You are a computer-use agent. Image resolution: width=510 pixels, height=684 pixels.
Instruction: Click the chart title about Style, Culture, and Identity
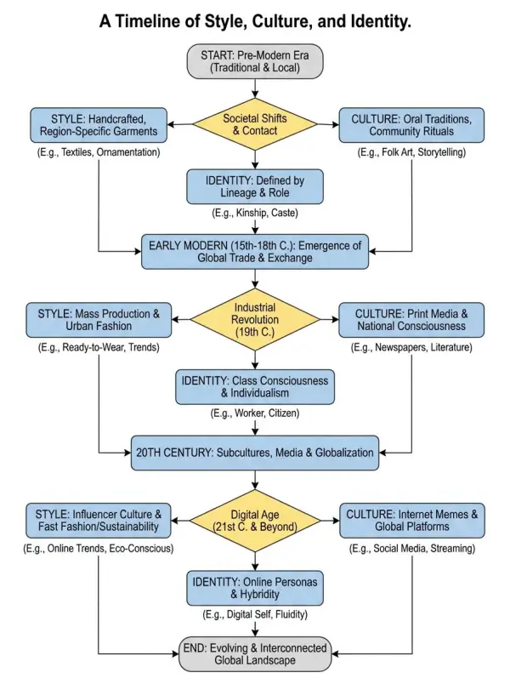[255, 21]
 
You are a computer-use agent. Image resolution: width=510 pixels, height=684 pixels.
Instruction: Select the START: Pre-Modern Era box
[255, 61]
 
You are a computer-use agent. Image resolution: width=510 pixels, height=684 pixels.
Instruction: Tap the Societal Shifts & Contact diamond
[255, 125]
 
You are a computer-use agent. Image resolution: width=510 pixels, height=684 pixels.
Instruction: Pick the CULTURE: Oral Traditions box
[412, 125]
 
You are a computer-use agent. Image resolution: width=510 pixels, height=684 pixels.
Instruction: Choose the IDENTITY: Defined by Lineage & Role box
[255, 185]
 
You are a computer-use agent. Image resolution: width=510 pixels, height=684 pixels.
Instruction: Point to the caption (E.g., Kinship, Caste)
[255, 214]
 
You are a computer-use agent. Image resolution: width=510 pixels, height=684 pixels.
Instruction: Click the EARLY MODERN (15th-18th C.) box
[255, 253]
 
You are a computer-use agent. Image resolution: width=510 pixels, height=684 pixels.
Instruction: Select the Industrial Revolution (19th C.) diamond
[255, 321]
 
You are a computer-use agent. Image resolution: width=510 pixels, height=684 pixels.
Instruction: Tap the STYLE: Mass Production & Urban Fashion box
[99, 321]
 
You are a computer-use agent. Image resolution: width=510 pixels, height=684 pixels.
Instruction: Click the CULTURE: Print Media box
[412, 321]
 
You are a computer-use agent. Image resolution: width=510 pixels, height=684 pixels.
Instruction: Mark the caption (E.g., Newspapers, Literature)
[412, 349]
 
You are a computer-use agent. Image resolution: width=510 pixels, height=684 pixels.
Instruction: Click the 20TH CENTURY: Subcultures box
[255, 453]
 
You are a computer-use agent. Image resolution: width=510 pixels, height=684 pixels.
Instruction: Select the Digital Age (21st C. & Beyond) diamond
[255, 521]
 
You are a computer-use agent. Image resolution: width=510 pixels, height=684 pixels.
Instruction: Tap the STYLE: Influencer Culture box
[99, 521]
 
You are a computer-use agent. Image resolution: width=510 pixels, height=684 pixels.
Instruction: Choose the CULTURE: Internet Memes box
[412, 521]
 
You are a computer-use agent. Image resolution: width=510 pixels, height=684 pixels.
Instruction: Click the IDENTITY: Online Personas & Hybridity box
[255, 586]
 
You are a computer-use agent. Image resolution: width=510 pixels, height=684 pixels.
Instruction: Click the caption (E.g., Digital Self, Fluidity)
[255, 614]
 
